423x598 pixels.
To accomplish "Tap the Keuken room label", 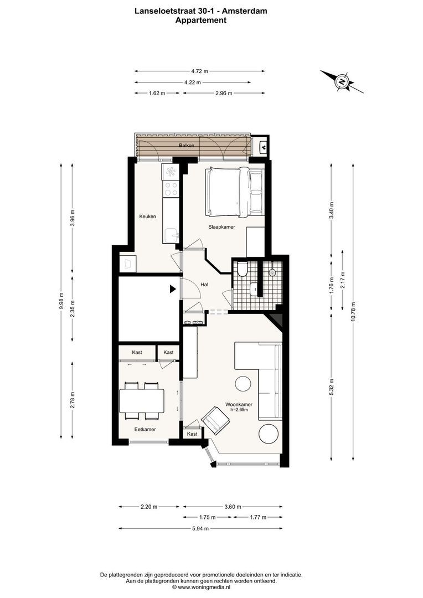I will [147, 216].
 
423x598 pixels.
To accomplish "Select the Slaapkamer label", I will [222, 227].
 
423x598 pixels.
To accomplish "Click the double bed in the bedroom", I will [234, 192].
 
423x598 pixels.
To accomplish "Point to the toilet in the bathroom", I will [241, 269].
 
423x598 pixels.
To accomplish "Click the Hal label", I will [204, 284].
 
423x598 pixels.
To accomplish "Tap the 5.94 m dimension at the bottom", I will [200, 528].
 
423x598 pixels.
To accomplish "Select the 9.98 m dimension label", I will [62, 302].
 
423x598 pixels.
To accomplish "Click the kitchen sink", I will [172, 235].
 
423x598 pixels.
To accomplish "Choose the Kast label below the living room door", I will [192, 434].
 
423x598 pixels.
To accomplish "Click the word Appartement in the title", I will [200, 20].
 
